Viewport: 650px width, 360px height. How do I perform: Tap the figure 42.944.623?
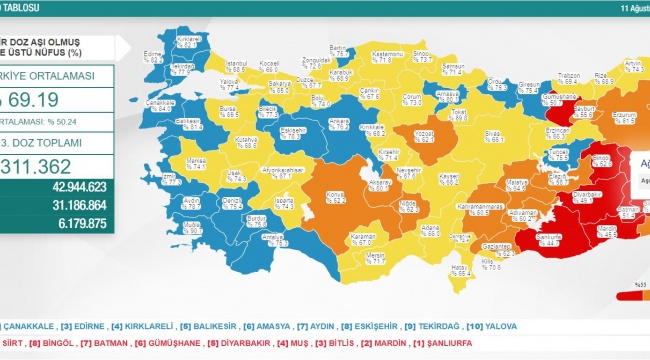76,186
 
